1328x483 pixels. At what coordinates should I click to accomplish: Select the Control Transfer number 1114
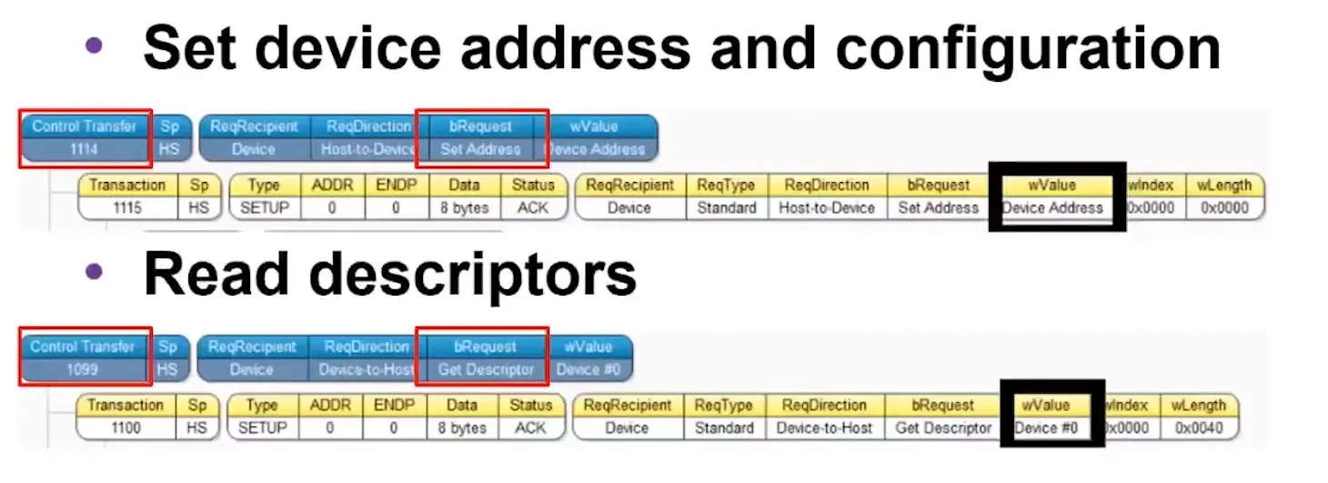coord(84,149)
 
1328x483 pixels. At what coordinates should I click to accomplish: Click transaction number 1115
coord(126,207)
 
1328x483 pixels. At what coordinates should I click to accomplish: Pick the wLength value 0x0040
coord(1199,428)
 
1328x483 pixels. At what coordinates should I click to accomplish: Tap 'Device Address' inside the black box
coord(1052,207)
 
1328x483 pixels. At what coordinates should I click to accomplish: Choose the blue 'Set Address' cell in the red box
coord(480,149)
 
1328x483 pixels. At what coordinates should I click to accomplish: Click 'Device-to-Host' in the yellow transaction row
coord(824,428)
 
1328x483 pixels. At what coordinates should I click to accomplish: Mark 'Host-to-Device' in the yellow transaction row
coord(826,207)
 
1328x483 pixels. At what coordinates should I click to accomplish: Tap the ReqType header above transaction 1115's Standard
coord(726,186)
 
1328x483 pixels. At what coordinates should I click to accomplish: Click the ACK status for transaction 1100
coord(530,428)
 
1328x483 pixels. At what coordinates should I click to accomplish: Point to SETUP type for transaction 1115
coord(264,207)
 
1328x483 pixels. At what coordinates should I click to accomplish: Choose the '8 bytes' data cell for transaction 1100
coord(462,428)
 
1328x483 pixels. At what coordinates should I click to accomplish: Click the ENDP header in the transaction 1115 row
coord(396,186)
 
